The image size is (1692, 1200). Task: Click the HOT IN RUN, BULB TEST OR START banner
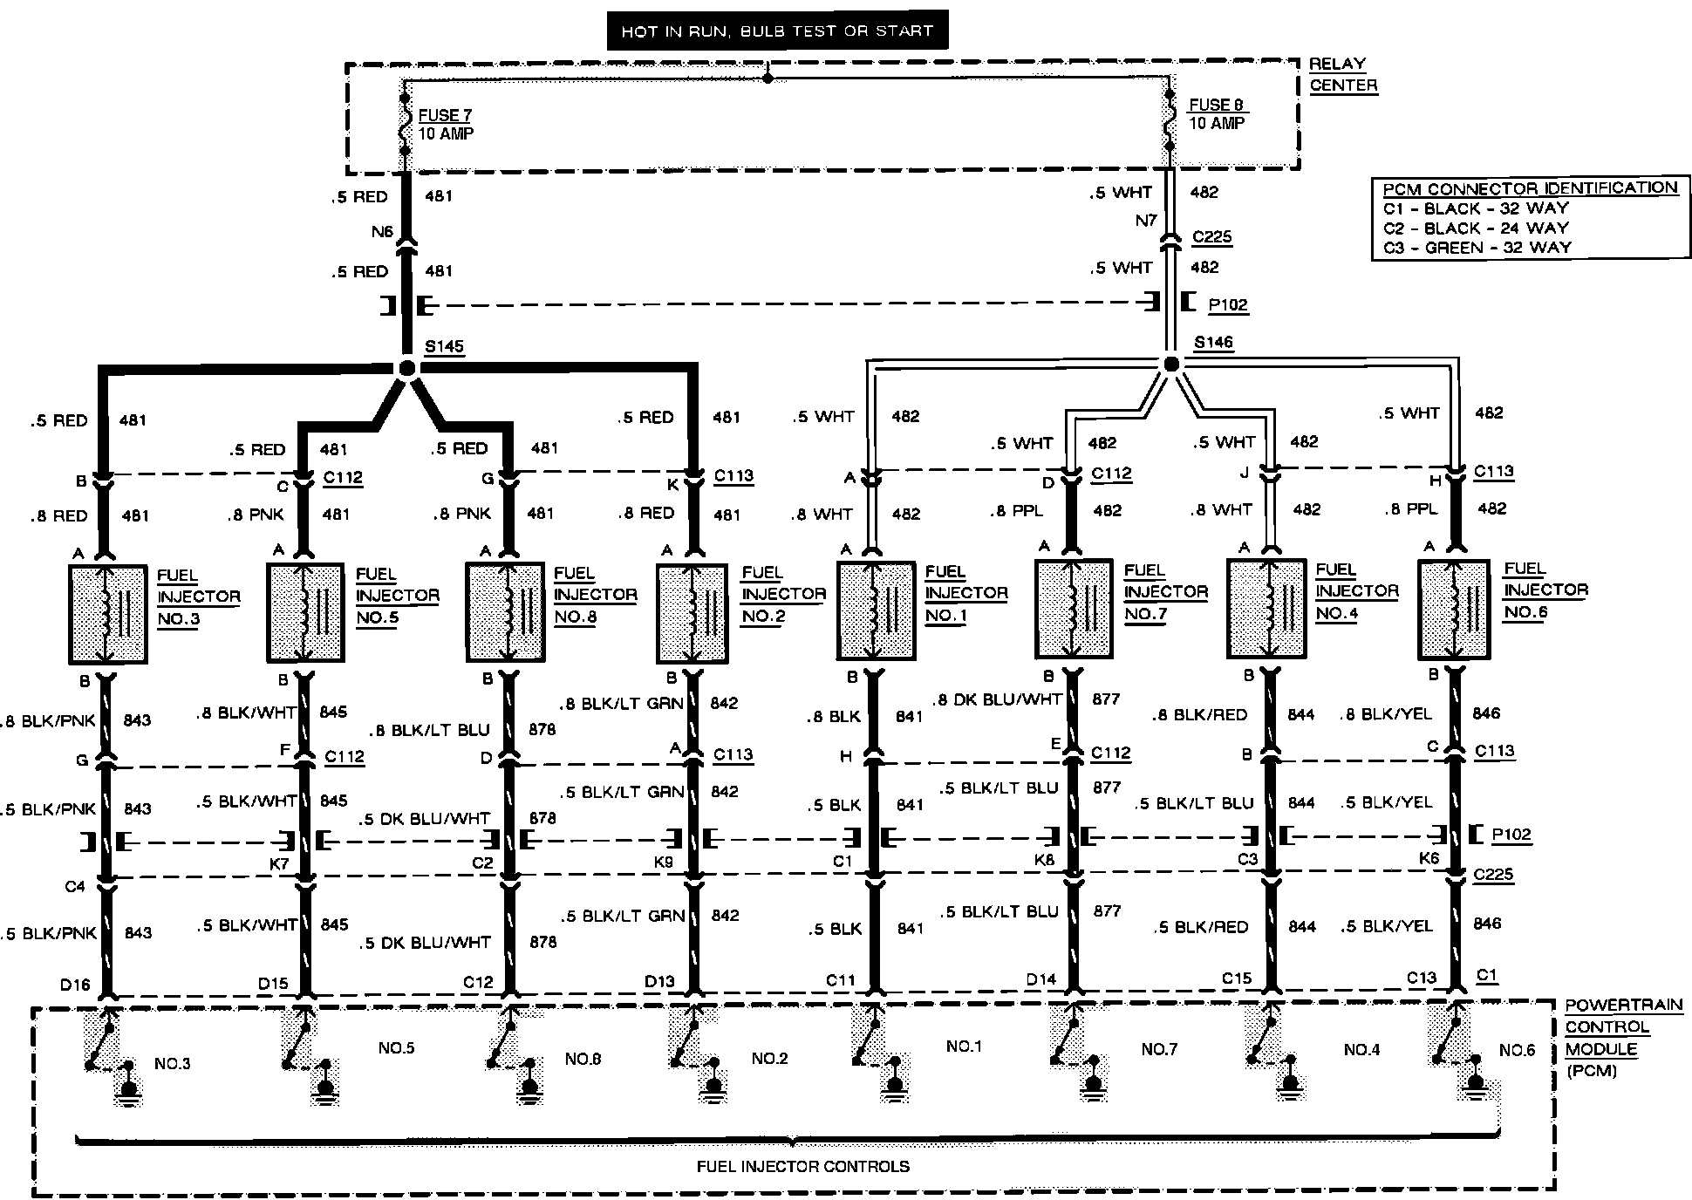pos(777,31)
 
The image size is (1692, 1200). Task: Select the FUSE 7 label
pos(445,115)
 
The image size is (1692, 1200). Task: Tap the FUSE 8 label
pos(1218,105)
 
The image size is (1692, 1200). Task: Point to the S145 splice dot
pos(406,368)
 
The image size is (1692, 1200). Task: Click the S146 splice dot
pos(1171,364)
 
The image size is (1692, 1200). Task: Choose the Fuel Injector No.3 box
pos(107,614)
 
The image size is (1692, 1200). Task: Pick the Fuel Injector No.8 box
pos(507,611)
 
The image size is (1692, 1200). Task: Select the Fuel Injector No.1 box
pos(876,610)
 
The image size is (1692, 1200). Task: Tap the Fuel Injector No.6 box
pos(1454,609)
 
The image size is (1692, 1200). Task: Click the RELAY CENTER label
pos(1342,75)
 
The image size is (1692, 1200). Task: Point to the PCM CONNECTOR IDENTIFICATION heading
pos(1530,188)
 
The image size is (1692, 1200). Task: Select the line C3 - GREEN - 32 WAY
pos(1477,248)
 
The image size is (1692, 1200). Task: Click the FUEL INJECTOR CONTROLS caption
pos(802,1166)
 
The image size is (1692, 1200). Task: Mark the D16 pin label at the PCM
pos(75,985)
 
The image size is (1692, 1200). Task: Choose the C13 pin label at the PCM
pos(1421,978)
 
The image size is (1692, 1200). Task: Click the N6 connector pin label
pos(382,232)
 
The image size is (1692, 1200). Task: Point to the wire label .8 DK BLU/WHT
pos(998,699)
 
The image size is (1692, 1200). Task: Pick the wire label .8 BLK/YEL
pos(1387,714)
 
